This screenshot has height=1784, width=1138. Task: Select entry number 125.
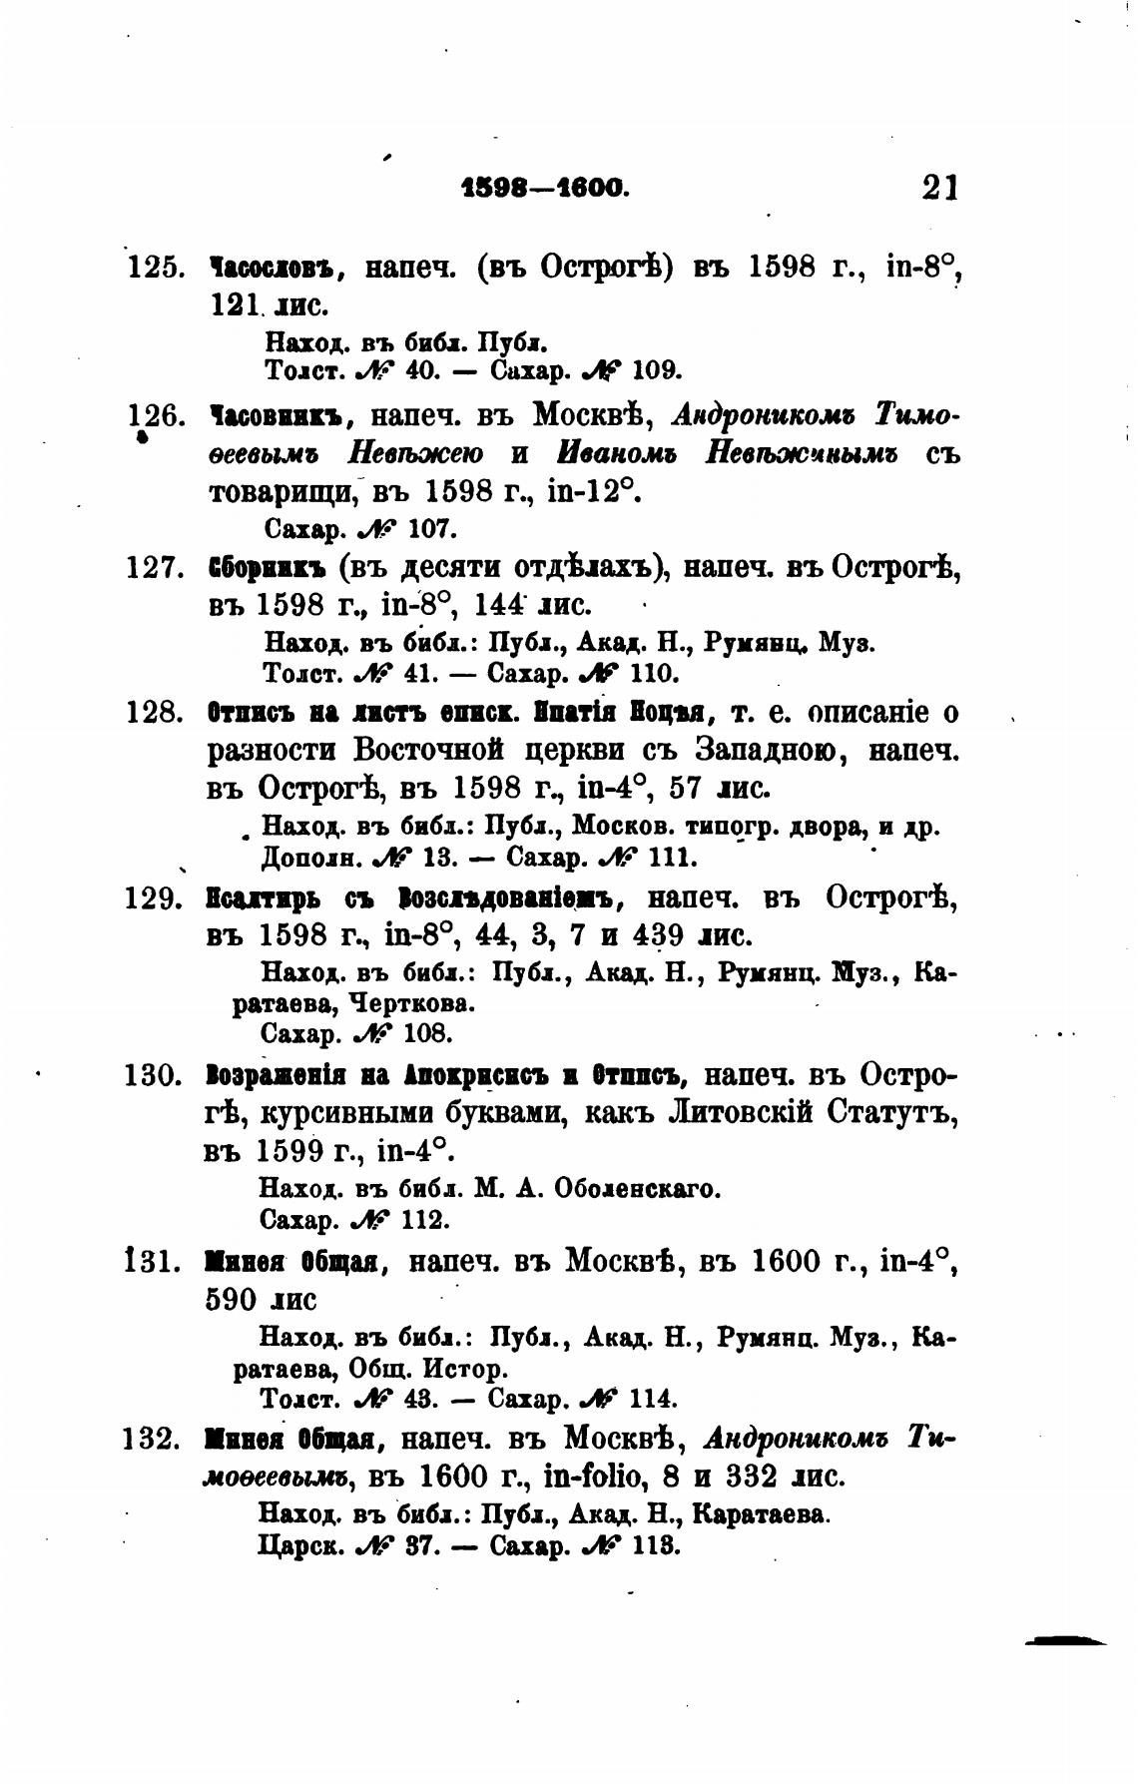click(154, 269)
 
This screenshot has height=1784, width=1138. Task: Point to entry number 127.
click(154, 568)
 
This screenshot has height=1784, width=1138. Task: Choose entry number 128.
click(154, 713)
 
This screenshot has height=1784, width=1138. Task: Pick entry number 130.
click(154, 1075)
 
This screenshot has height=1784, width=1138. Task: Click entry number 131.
click(154, 1262)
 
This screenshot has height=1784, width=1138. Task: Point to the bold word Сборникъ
click(267, 568)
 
